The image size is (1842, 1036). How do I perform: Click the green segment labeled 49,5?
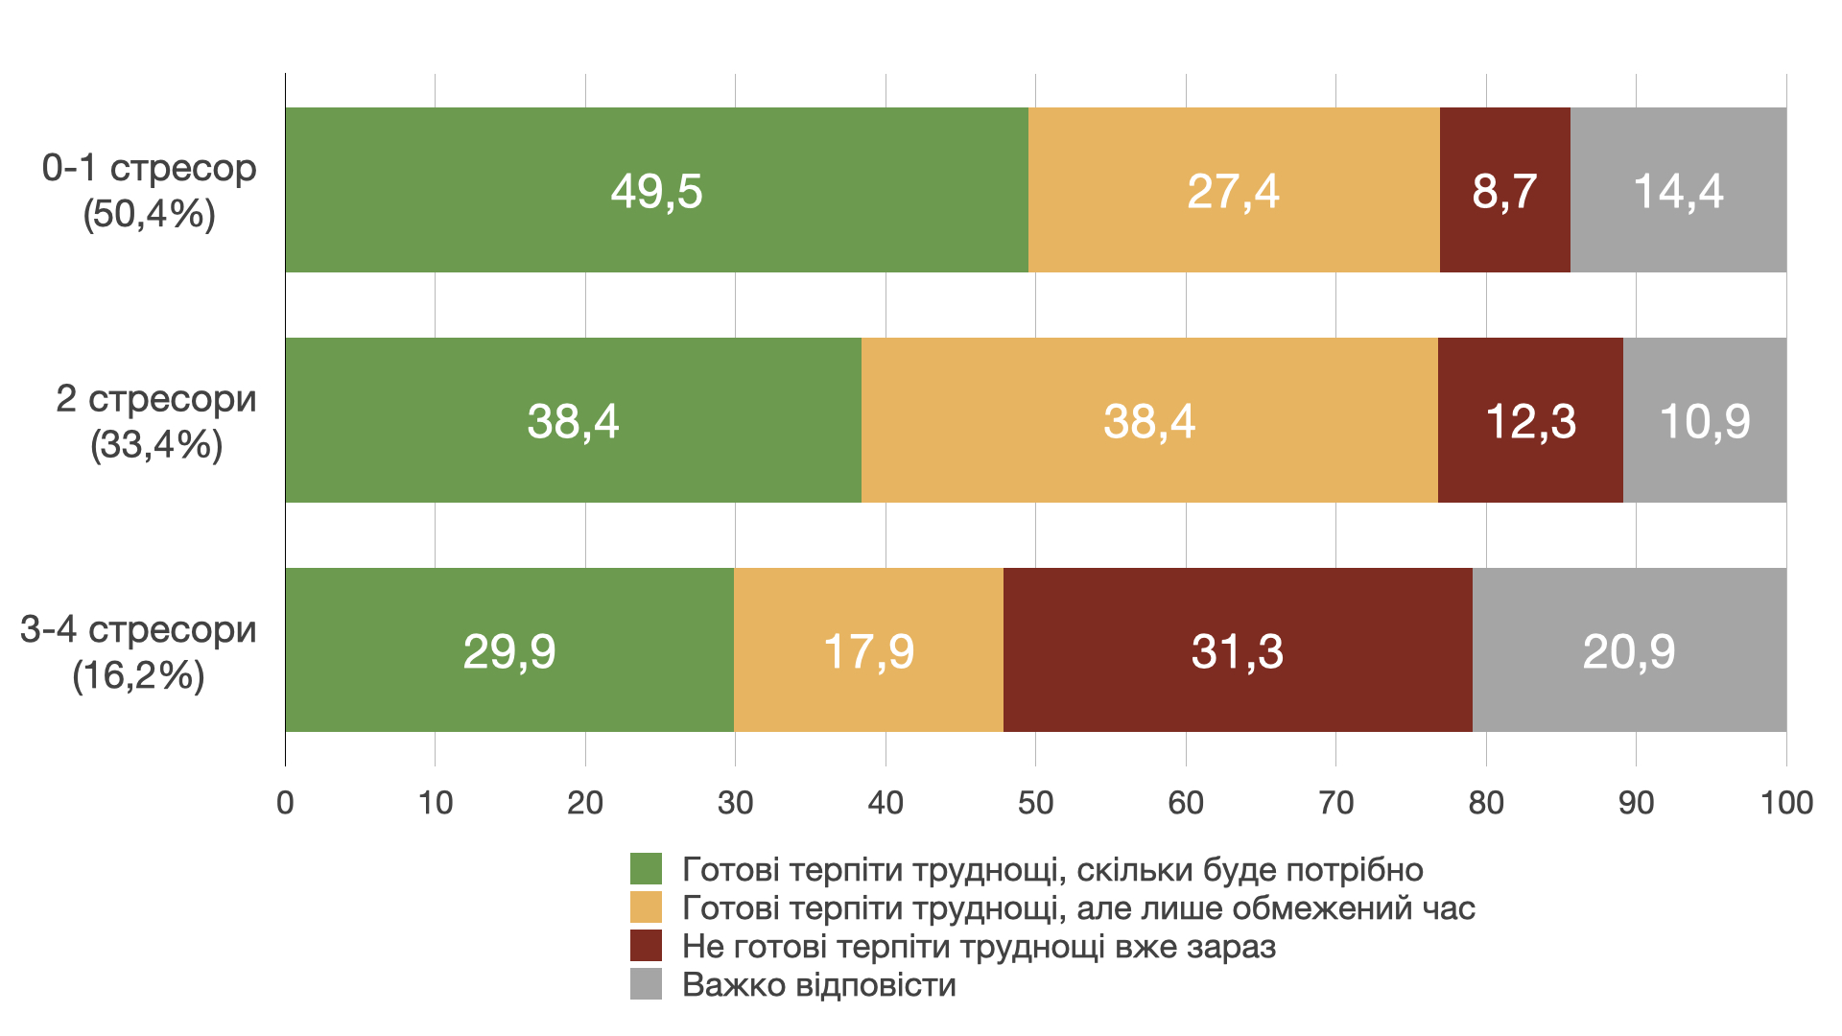pos(656,190)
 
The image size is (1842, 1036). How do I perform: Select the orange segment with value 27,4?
pos(1234,190)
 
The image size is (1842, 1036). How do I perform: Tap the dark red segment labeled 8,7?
pos(1504,190)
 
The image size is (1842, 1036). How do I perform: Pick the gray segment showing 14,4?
pos(1678,190)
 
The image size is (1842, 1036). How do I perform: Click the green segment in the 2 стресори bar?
pos(573,420)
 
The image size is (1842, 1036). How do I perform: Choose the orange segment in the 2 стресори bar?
pos(1149,420)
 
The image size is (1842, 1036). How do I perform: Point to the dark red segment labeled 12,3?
pos(1530,420)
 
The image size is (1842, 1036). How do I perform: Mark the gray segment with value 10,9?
pos(1705,420)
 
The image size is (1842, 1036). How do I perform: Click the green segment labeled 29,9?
pos(509,650)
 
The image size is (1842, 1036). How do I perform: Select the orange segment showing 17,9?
pos(868,650)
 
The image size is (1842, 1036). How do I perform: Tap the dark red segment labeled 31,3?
pos(1238,650)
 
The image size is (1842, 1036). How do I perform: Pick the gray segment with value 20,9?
pos(1629,650)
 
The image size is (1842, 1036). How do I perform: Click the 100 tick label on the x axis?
pos(1785,802)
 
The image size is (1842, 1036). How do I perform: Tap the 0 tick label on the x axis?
pos(285,802)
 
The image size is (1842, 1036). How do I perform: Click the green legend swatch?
pos(646,869)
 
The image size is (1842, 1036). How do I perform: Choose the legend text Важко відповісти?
pos(818,985)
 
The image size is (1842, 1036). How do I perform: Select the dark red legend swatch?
pos(646,946)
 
